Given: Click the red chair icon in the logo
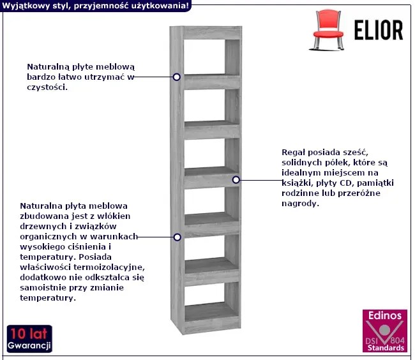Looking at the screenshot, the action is click(x=327, y=30).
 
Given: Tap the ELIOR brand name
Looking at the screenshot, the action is click(x=379, y=30).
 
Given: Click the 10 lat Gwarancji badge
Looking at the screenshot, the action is click(x=29, y=339).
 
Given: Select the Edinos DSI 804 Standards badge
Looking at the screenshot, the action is click(x=385, y=331).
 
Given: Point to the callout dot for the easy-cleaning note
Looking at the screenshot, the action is click(x=176, y=77).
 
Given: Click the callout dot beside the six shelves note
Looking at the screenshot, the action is click(x=236, y=180).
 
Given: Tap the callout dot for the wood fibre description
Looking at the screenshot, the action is click(x=177, y=237).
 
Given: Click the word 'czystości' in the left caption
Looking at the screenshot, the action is click(x=47, y=87).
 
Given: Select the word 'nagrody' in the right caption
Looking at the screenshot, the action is click(x=299, y=204).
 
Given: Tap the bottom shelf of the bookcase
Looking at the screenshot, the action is click(x=211, y=312).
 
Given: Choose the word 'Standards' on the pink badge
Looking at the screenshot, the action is click(x=386, y=348).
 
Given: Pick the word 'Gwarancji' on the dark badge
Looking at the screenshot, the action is click(x=29, y=345).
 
